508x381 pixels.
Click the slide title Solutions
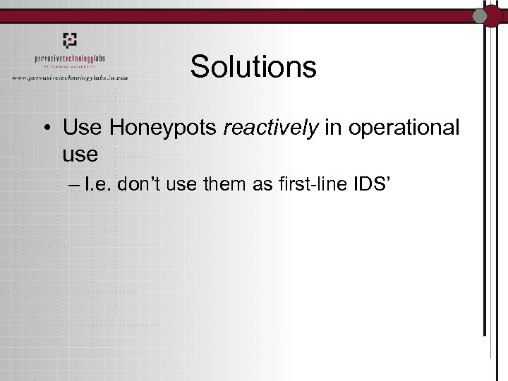pos(253,67)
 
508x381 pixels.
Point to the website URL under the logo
pos(79,77)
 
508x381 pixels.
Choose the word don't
pos(152,186)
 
